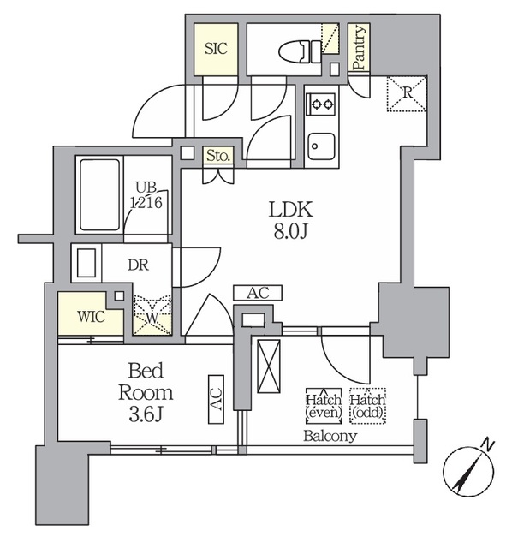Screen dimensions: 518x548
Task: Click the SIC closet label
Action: point(216,49)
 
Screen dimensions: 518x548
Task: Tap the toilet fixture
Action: point(300,51)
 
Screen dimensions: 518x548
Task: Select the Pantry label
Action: point(359,48)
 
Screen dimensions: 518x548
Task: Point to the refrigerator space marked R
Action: point(407,93)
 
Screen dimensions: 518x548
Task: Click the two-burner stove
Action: point(322,104)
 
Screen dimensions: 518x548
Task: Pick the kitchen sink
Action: point(321,146)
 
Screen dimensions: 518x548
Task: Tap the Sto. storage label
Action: point(218,156)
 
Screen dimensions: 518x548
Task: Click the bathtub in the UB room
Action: point(99,194)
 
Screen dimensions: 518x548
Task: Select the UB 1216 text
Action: point(146,195)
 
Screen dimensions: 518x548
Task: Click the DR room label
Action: point(139,265)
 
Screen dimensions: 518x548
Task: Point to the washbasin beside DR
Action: point(86,263)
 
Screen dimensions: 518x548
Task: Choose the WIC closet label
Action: point(92,317)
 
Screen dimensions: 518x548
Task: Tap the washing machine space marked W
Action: point(152,316)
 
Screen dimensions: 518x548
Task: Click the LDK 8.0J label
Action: point(291,220)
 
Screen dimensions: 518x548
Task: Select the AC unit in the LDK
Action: point(258,293)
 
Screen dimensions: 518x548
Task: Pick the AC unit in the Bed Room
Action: point(216,400)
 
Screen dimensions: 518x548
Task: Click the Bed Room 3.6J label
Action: point(146,392)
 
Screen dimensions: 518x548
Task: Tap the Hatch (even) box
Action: point(324,405)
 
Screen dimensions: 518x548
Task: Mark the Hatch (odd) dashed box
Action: point(367,405)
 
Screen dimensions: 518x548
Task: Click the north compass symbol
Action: point(468,470)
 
